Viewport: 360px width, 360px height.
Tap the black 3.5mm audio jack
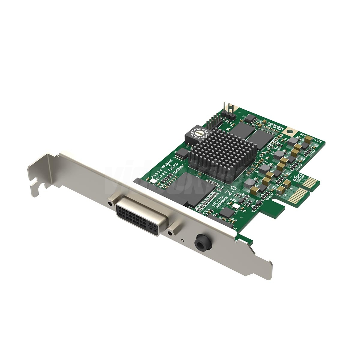click(200, 241)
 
